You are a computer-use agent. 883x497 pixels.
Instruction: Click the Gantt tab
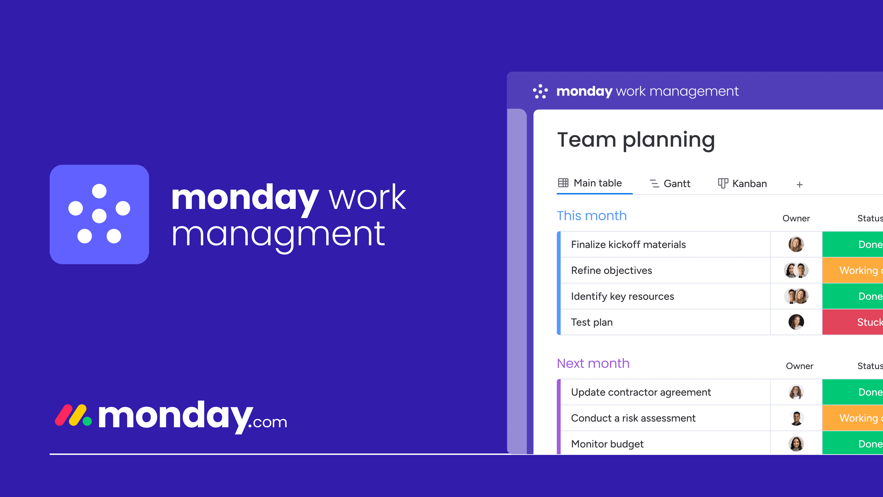coord(670,184)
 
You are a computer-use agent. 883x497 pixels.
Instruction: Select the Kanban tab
coord(743,184)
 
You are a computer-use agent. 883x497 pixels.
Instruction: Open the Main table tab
coord(590,183)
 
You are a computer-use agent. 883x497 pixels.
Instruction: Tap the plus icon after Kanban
coord(799,185)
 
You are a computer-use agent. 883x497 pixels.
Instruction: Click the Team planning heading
coord(636,140)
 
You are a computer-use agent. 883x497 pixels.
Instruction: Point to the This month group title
coord(592,216)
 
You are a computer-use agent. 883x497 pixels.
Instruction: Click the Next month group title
coord(593,363)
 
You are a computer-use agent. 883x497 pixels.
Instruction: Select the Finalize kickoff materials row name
coord(628,245)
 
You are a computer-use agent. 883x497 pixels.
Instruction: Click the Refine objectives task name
coord(611,271)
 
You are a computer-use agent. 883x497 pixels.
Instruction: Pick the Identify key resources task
coord(622,296)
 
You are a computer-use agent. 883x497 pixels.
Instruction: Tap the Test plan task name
coord(592,322)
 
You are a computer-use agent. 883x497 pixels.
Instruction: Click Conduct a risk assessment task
coord(633,418)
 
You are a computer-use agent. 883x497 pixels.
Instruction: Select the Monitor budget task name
coord(607,444)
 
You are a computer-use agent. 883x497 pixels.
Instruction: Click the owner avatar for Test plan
coord(796,322)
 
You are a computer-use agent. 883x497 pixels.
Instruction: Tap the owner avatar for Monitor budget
coord(796,444)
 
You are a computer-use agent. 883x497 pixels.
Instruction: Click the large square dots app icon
coord(99,214)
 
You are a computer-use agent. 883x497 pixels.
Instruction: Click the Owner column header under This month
coord(796,219)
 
